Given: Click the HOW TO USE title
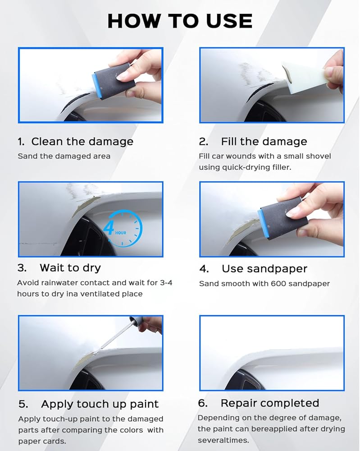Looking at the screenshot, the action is (180, 21).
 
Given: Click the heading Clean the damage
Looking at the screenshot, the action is (82, 142).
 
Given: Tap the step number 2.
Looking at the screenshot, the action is (203, 142).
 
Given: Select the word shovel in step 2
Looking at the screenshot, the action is (319, 156).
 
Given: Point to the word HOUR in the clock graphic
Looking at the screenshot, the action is (121, 233).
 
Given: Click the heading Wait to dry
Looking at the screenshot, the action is (70, 268).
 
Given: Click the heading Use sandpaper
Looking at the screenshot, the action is (264, 269).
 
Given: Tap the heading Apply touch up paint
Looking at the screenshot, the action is (100, 404).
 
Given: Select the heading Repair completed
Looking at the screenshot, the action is (270, 403).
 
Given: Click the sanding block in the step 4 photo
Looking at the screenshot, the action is (283, 221).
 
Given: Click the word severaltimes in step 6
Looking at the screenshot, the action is (223, 440).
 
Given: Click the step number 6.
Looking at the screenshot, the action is (203, 403).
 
